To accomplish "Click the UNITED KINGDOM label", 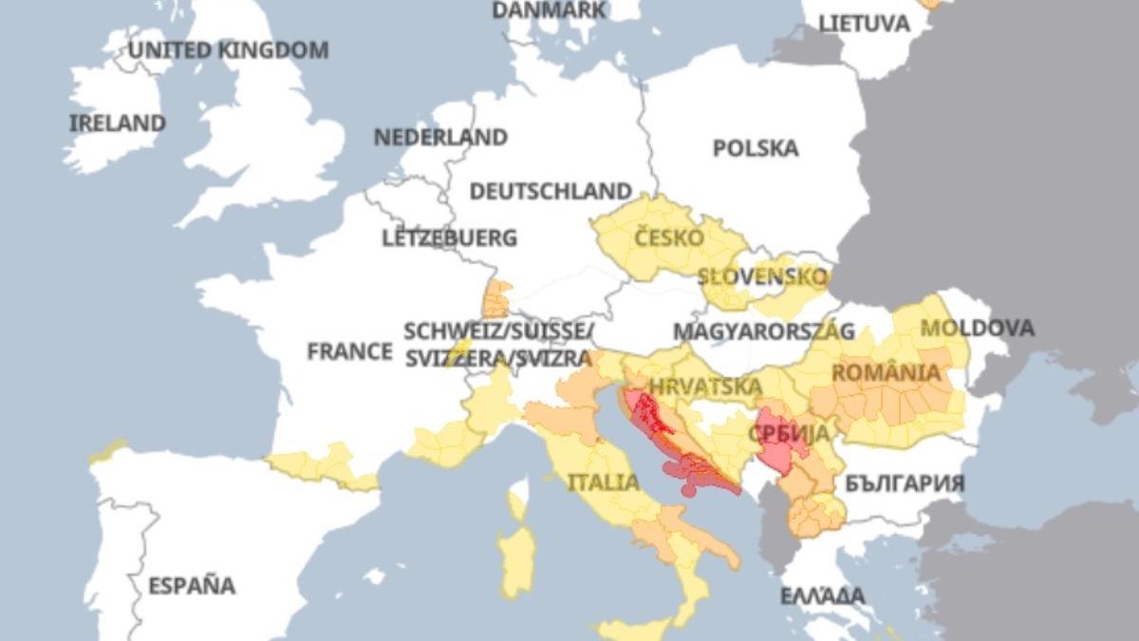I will tap(229, 49).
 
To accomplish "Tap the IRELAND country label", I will tap(118, 123).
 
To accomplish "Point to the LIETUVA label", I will tap(864, 24).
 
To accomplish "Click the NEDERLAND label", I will tap(440, 138).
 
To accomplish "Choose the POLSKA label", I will tap(756, 148).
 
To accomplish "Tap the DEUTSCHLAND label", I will tap(551, 192).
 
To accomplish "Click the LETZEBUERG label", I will tap(450, 238).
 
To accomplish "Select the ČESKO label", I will tap(669, 236).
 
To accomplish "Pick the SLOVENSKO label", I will tap(763, 277).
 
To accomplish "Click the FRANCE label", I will tap(349, 351).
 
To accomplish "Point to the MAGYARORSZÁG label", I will tap(764, 331).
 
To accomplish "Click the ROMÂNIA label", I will tap(887, 372).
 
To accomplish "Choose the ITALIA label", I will tap(604, 482).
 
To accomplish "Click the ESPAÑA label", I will tap(192, 585).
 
